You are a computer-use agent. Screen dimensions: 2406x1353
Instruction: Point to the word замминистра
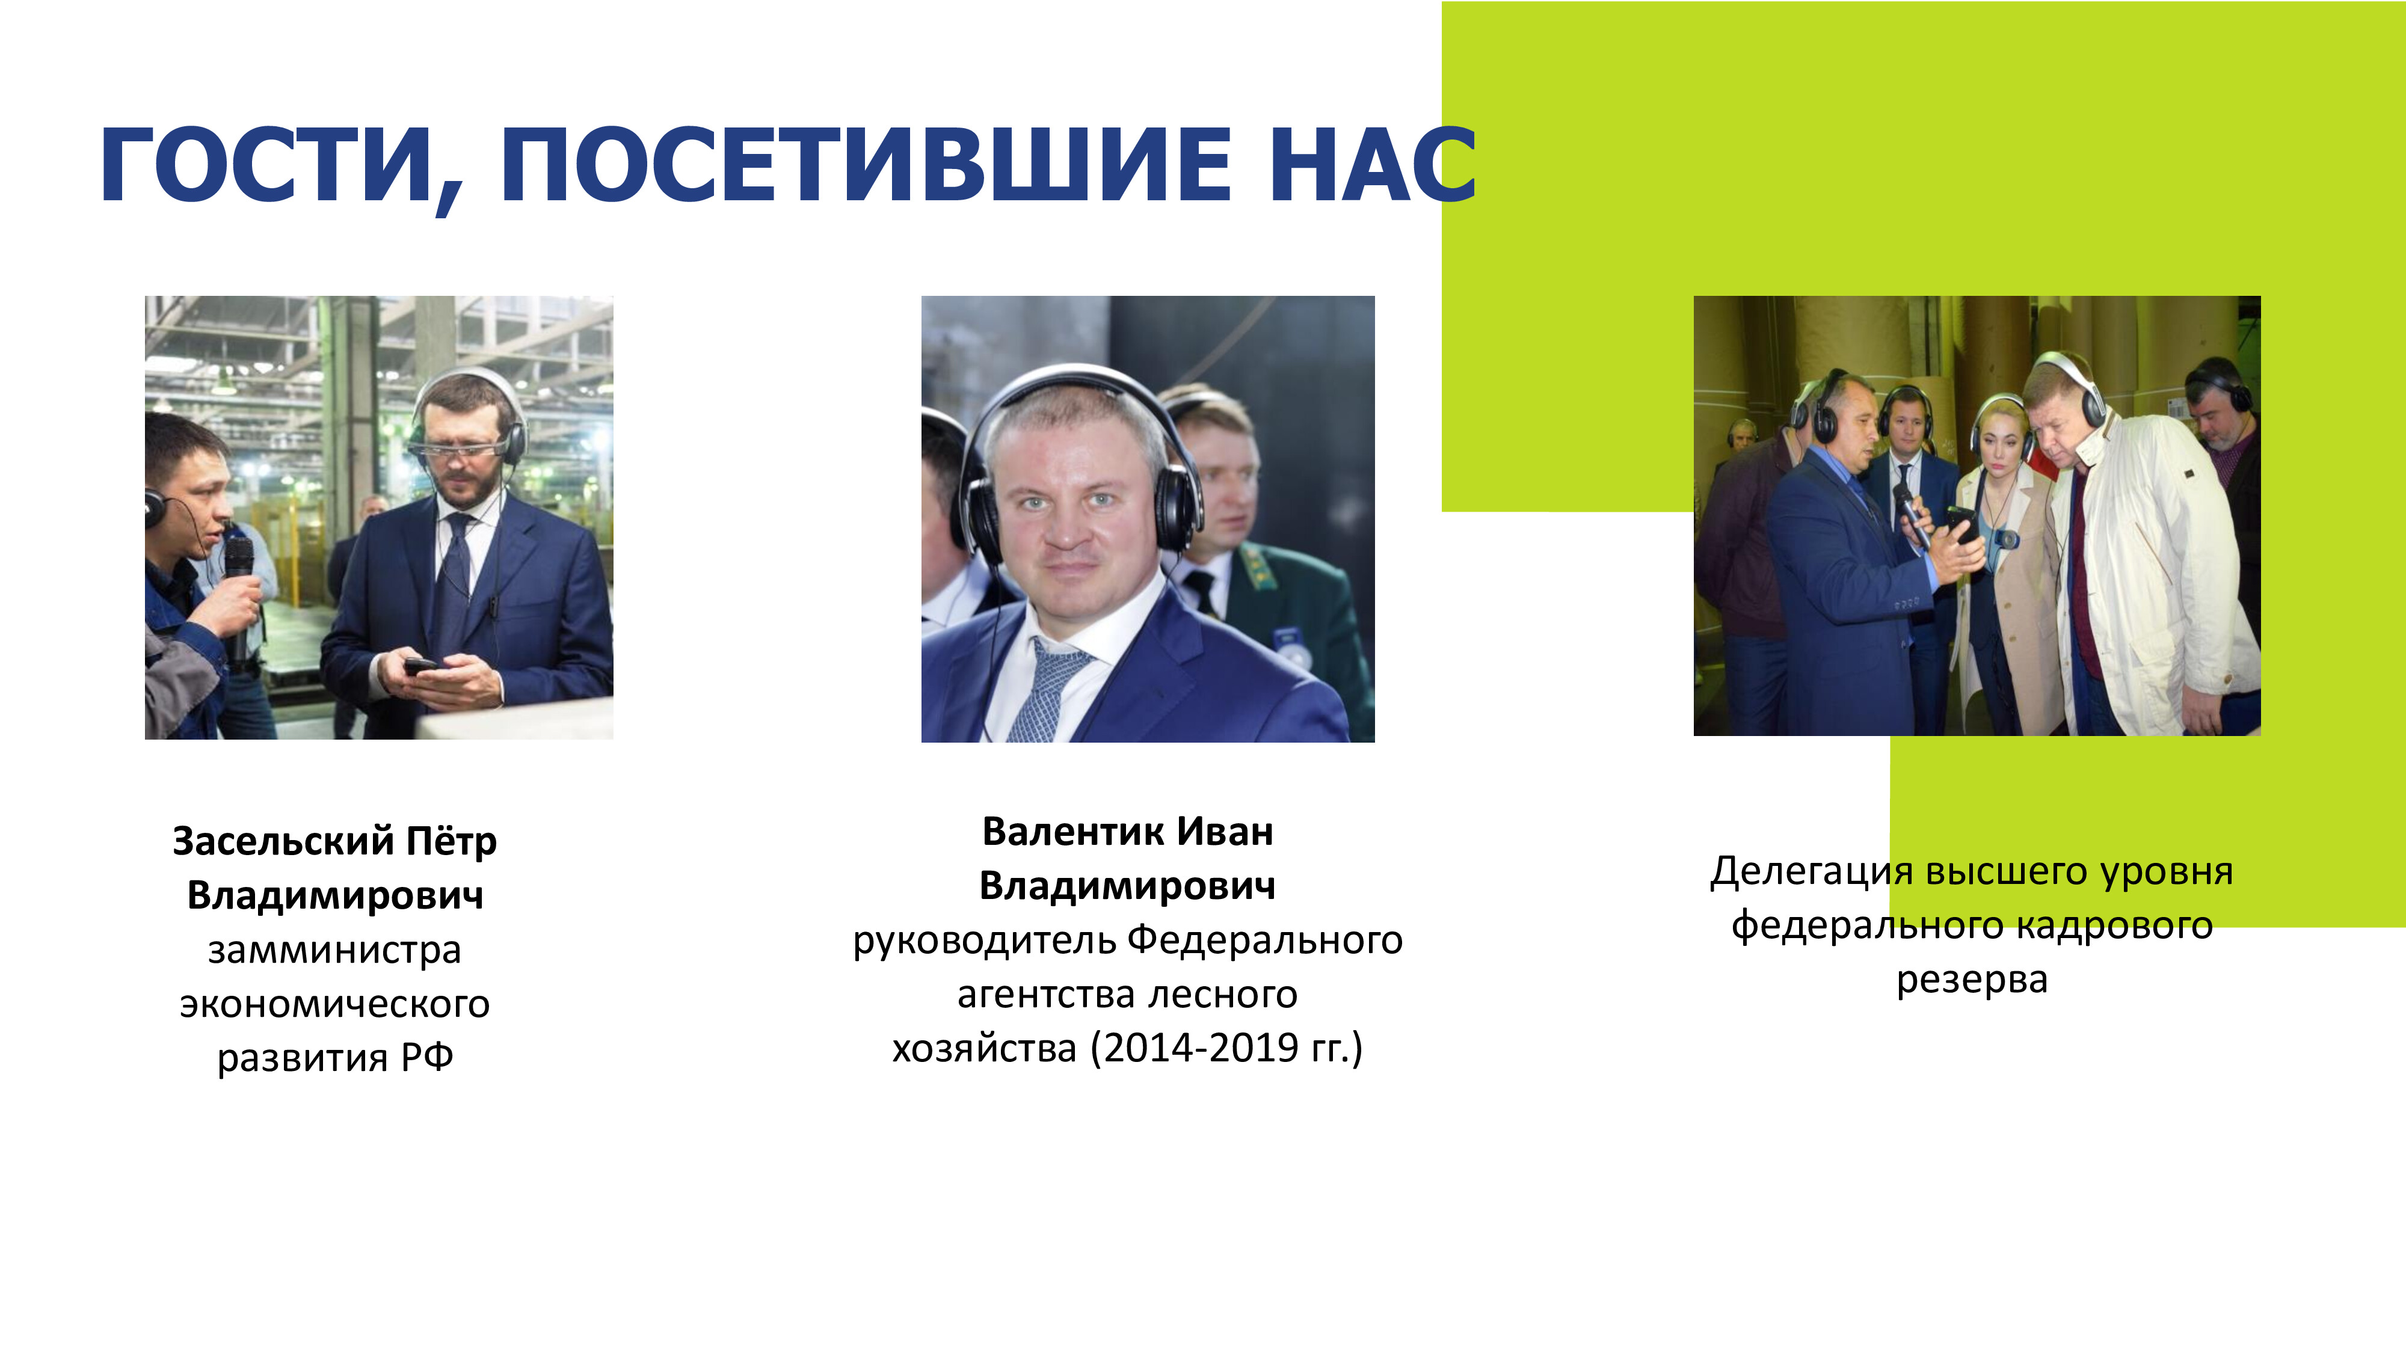pyautogui.click(x=334, y=951)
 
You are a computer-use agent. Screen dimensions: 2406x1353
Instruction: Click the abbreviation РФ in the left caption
pyautogui.click(x=427, y=1057)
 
